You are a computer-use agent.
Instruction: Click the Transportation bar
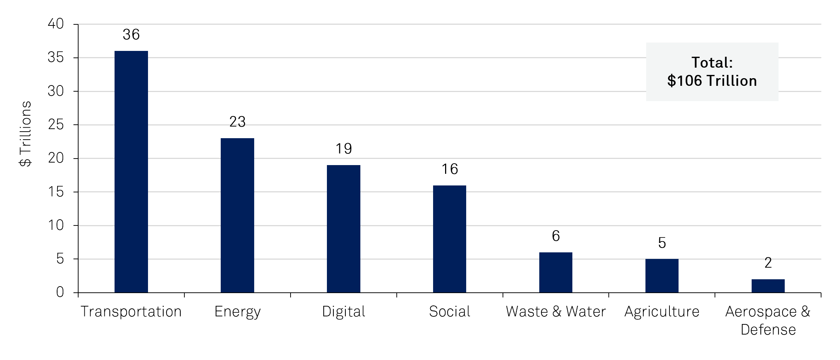click(131, 172)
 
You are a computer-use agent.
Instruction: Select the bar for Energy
click(237, 215)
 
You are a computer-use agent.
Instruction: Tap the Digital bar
click(343, 229)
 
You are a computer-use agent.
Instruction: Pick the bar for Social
click(449, 239)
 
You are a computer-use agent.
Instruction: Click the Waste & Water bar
click(556, 272)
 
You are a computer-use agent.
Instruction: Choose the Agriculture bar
click(662, 276)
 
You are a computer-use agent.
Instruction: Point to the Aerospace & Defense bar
click(768, 286)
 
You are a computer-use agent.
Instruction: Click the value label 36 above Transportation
click(131, 35)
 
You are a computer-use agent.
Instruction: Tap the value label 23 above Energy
click(237, 122)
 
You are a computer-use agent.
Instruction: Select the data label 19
click(343, 149)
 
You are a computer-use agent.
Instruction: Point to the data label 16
click(449, 169)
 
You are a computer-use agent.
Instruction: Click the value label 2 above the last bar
click(768, 263)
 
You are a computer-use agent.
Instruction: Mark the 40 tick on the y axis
click(56, 24)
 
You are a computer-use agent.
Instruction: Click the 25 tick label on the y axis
click(56, 125)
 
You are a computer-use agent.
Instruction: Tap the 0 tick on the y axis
click(60, 292)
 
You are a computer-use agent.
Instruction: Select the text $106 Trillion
click(712, 81)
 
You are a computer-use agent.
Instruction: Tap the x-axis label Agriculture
click(662, 312)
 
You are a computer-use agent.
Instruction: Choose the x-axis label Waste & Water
click(556, 312)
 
